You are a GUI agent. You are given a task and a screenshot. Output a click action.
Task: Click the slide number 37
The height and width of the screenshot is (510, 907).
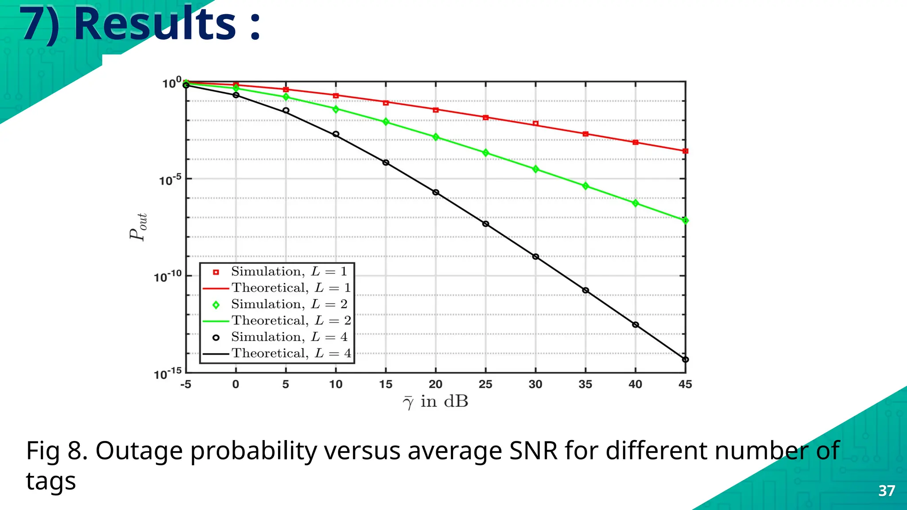[x=887, y=491]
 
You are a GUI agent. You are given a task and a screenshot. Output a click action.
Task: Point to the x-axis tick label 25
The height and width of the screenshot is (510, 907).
[x=485, y=384]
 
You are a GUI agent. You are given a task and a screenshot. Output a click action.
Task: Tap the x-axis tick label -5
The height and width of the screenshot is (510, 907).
[x=186, y=384]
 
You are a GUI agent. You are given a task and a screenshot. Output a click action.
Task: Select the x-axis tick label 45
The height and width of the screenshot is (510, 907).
[x=685, y=384]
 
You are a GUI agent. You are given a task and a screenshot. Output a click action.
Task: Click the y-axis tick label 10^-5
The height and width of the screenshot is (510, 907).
[x=171, y=180]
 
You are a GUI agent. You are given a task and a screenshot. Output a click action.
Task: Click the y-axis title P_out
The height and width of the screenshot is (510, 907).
[x=138, y=227]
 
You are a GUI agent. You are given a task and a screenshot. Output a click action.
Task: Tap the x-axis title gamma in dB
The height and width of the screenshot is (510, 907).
[x=435, y=402]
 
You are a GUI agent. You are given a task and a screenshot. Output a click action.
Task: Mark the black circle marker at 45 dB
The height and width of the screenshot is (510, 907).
[x=685, y=359]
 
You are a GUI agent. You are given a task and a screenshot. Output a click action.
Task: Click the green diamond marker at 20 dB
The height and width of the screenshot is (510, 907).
[x=436, y=137]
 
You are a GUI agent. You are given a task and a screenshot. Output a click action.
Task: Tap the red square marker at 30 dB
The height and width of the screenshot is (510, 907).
[x=535, y=124]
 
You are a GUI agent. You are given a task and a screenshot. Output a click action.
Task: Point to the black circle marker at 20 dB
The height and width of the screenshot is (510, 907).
[x=436, y=193]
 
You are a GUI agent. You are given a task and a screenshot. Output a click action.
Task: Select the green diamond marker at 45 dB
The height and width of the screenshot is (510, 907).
[x=685, y=220]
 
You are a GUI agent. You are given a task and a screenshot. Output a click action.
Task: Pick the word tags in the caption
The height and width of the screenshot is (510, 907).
[x=51, y=482]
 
